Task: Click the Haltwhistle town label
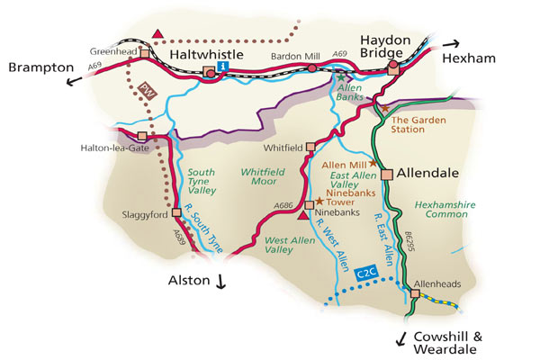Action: pyautogui.click(x=210, y=56)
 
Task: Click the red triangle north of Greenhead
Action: pyautogui.click(x=158, y=35)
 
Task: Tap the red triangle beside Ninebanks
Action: pyautogui.click(x=302, y=213)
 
